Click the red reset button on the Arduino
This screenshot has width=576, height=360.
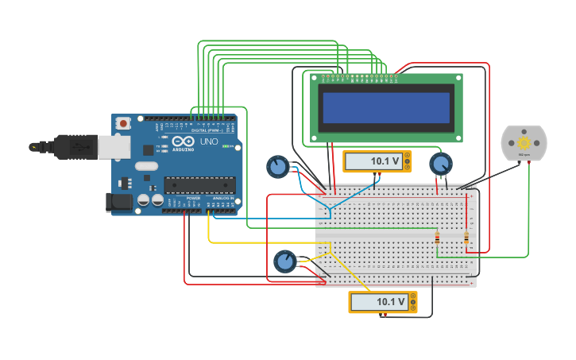tap(123, 123)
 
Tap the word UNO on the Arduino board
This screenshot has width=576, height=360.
tap(209, 141)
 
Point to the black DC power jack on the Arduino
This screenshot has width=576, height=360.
tap(120, 203)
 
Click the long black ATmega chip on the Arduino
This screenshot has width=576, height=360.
tap(199, 185)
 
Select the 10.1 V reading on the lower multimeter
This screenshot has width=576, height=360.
tap(390, 302)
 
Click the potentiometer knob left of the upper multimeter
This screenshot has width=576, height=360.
tap(277, 167)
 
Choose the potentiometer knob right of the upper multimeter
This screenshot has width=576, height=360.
tap(439, 165)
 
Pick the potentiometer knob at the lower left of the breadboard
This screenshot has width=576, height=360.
tap(284, 261)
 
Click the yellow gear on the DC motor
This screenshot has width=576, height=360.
tap(524, 142)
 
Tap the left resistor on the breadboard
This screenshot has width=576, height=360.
tap(437, 238)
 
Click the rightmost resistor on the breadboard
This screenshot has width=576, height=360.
tap(466, 238)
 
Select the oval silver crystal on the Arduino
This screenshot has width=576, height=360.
tap(147, 166)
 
